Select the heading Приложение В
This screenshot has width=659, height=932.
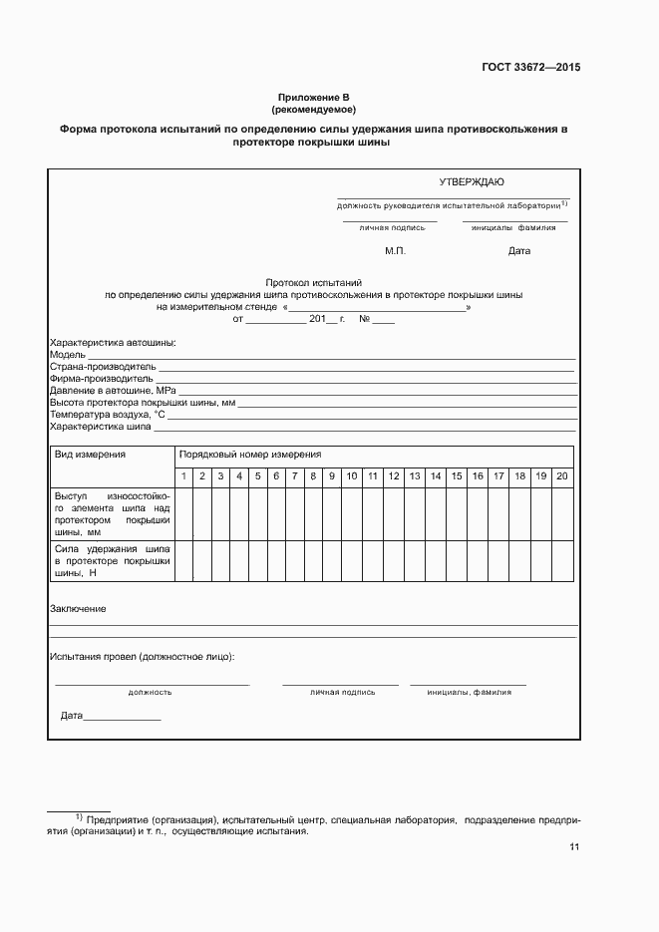pyautogui.click(x=314, y=97)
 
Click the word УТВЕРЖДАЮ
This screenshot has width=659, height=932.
pyautogui.click(x=472, y=181)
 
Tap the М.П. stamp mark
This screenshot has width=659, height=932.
pyautogui.click(x=395, y=250)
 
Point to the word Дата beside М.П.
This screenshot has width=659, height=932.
pyautogui.click(x=518, y=250)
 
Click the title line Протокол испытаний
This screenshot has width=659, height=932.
pyautogui.click(x=314, y=283)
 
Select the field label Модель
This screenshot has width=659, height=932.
pyautogui.click(x=68, y=355)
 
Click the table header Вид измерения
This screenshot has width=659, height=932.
pyautogui.click(x=90, y=454)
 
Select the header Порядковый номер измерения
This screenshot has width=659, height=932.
pyautogui.click(x=250, y=454)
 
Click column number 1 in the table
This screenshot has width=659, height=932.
pyautogui.click(x=183, y=476)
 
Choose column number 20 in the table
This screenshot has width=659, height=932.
pyautogui.click(x=561, y=476)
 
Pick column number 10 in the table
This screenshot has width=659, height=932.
pyautogui.click(x=351, y=476)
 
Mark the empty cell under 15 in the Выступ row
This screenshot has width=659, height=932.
pyautogui.click(x=457, y=513)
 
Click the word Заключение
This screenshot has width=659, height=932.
pyautogui.click(x=78, y=608)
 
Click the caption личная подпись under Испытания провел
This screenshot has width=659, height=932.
pyautogui.click(x=342, y=691)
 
